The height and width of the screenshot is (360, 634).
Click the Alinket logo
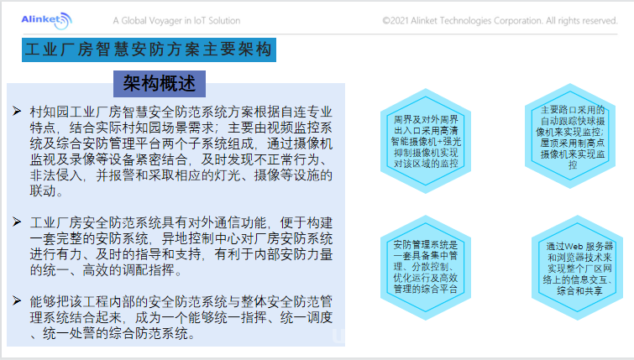coord(46,20)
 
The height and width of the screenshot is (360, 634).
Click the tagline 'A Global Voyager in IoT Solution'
coord(176,21)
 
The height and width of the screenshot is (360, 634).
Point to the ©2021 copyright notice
coord(500,21)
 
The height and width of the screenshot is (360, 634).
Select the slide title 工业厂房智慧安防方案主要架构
coord(149,50)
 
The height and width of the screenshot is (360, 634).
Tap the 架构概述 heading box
coord(160,84)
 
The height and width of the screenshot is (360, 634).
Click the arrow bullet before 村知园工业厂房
coord(17,111)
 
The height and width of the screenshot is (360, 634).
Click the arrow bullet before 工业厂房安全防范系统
coord(17,222)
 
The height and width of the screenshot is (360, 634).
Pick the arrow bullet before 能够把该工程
coord(17,300)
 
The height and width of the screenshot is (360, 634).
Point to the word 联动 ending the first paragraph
coord(43,190)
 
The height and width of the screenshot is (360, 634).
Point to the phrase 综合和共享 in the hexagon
coord(579,290)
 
